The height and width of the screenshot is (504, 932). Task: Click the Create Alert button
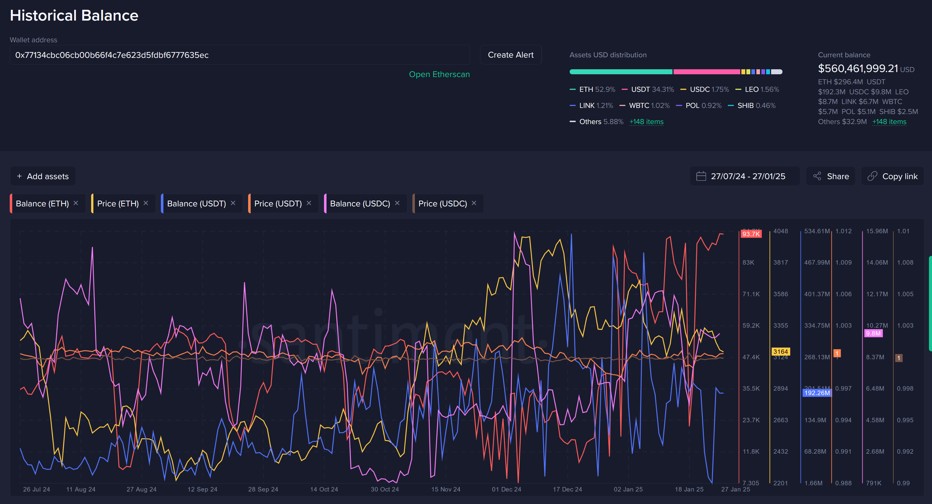coord(510,55)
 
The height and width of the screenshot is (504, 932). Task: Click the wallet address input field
coord(239,55)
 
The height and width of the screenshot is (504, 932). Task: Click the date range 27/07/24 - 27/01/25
coord(747,176)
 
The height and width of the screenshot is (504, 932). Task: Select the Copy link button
coord(892,176)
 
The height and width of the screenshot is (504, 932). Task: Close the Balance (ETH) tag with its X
coord(76,203)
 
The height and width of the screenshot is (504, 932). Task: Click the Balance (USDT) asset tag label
coord(196,204)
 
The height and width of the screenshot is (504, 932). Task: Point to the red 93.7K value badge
coord(751,234)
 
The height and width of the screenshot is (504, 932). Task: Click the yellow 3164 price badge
coord(780,351)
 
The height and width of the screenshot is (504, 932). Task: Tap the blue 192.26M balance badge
coord(817,393)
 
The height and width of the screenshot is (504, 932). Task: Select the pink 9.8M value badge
coord(873,333)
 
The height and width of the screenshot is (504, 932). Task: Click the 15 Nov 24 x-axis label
coord(445,489)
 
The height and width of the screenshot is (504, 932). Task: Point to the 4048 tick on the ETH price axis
coord(780,231)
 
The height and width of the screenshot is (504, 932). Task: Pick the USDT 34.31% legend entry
coord(648,90)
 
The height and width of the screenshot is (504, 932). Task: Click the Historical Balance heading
coord(74,16)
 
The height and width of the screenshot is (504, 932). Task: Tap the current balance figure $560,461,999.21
coord(858,68)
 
